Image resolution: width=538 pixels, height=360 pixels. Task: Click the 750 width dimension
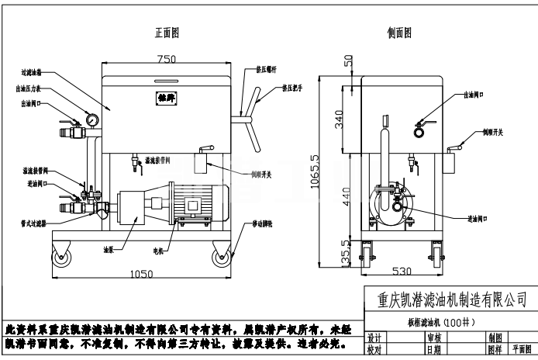click(x=166, y=60)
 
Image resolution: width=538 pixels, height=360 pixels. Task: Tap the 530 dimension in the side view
click(x=401, y=272)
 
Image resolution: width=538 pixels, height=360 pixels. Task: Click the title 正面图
click(x=167, y=33)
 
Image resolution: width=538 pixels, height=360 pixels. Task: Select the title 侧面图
click(x=398, y=33)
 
